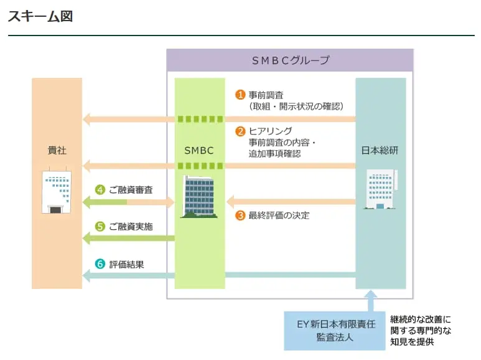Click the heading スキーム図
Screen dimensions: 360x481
click(40, 17)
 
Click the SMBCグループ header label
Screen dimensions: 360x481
click(290, 60)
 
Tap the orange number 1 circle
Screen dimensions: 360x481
click(240, 95)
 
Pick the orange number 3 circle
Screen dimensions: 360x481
click(240, 216)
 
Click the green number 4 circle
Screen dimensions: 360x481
click(100, 189)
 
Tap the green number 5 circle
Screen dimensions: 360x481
click(100, 227)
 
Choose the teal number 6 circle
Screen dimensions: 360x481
click(100, 263)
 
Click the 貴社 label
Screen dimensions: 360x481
click(57, 151)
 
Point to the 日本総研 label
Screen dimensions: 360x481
click(380, 151)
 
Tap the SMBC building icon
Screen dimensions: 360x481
click(199, 196)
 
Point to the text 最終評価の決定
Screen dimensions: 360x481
click(279, 216)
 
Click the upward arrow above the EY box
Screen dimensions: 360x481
click(372, 300)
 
